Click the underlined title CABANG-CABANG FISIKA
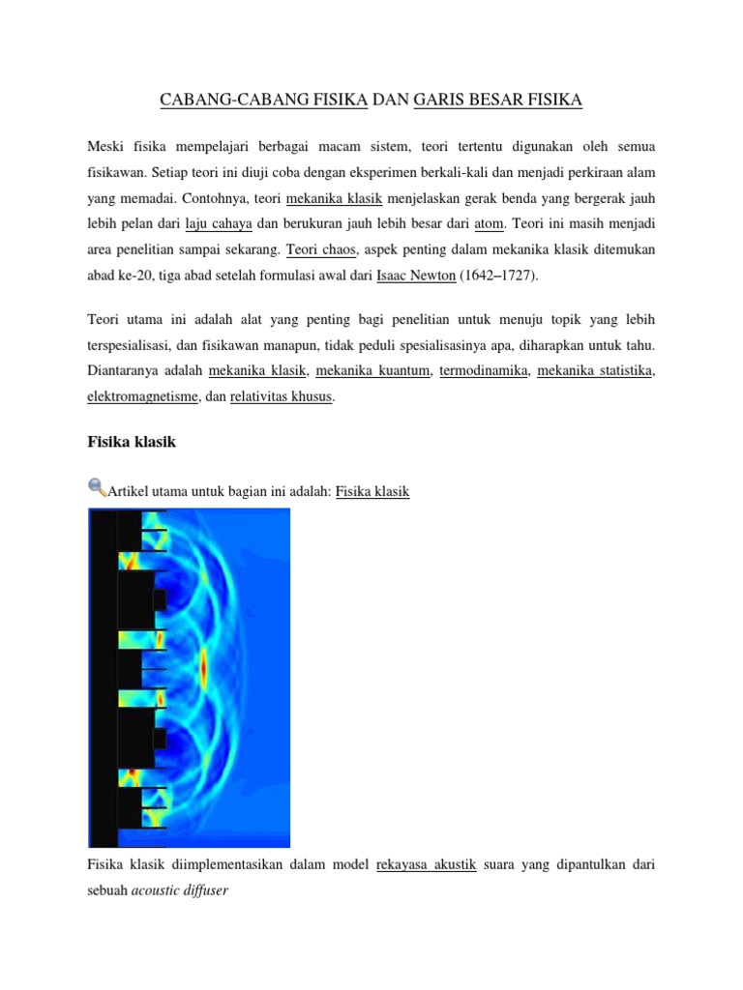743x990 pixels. pos(261,100)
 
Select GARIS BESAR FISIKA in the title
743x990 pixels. pos(497,100)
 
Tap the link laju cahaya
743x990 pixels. pos(219,224)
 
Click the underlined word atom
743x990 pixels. pos(490,224)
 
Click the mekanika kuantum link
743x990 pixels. pos(372,371)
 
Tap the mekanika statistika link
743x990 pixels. pos(594,371)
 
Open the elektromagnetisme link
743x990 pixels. pos(142,396)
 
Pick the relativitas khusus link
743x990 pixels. pos(282,396)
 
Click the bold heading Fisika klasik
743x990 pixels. pos(132,442)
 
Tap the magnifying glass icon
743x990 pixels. pos(97,487)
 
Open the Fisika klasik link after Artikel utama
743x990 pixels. pos(371,492)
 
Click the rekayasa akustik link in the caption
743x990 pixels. pos(426,865)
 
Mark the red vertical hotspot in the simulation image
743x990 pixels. pos(203,666)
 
